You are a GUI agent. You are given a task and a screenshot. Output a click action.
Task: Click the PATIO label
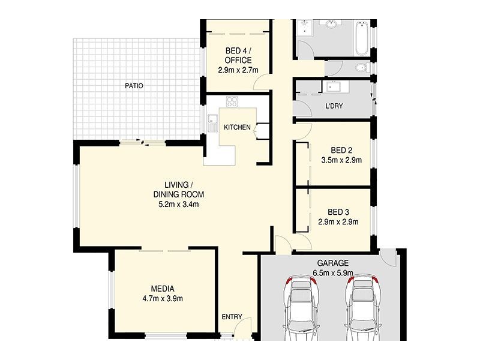click(134, 86)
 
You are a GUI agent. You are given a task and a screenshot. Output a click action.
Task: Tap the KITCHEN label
click(237, 127)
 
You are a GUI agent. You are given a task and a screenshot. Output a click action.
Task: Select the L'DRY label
click(334, 106)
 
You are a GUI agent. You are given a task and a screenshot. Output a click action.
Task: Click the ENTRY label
click(232, 317)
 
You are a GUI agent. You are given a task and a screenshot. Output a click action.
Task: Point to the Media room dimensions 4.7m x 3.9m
click(163, 298)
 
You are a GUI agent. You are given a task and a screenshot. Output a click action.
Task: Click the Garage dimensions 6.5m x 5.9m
click(333, 273)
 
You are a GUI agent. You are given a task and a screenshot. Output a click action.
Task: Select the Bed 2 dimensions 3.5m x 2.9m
click(341, 160)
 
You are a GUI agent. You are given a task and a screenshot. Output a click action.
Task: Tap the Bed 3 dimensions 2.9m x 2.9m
click(338, 222)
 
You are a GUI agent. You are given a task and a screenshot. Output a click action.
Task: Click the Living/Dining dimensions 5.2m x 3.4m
click(178, 204)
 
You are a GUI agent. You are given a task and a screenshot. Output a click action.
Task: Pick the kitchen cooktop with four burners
click(232, 101)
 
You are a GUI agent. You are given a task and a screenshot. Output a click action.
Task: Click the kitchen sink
click(212, 123)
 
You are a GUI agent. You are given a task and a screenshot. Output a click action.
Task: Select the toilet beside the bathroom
click(363, 67)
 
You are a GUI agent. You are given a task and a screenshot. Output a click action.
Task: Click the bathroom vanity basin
click(331, 23)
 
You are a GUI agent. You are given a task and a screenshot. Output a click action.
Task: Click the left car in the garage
click(302, 308)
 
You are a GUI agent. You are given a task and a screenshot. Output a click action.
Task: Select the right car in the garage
click(363, 308)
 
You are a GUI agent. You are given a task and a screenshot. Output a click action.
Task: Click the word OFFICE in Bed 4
click(238, 61)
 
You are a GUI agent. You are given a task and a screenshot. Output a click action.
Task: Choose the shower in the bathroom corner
click(304, 28)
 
